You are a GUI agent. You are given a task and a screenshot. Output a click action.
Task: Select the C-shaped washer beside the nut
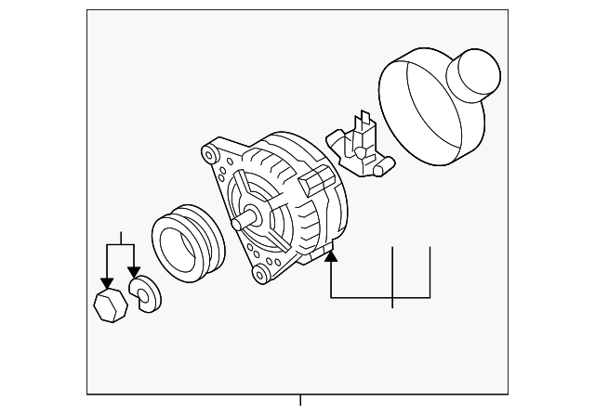click(x=145, y=295)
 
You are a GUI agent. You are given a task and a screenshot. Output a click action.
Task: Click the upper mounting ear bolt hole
click(x=209, y=150)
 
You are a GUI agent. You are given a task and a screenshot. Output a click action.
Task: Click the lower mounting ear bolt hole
click(x=260, y=276)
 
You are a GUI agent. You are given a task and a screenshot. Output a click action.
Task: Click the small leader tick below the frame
click(x=300, y=401)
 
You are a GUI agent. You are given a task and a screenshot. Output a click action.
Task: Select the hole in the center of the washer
click(x=141, y=295)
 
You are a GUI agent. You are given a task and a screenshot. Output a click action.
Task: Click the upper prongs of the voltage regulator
click(x=363, y=121)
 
